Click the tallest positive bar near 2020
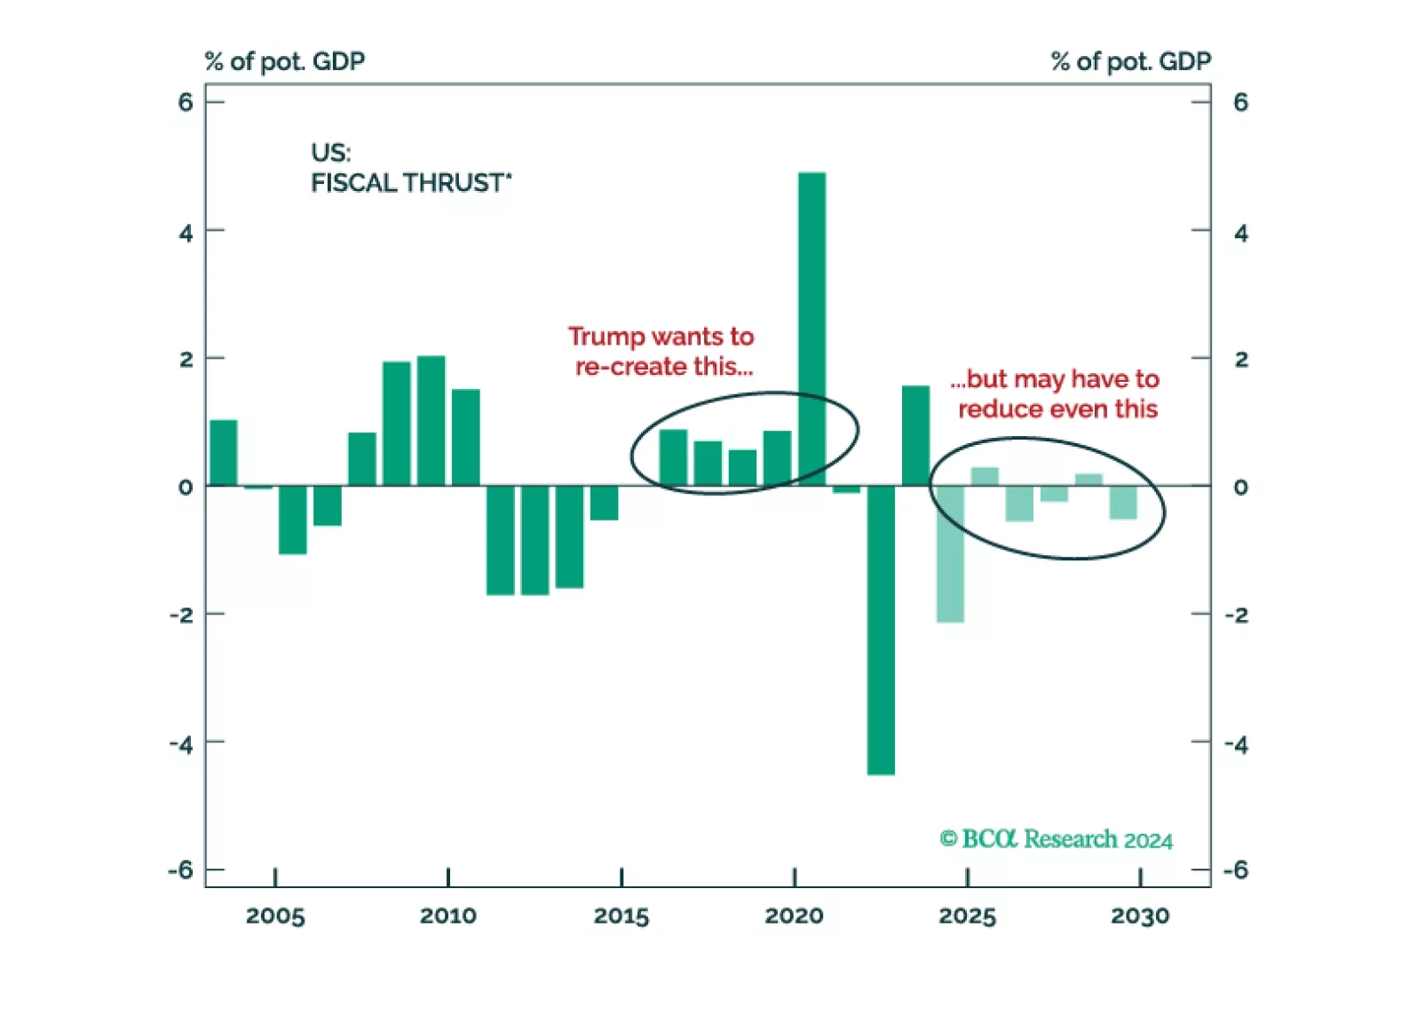[x=811, y=329]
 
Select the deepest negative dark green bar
[x=881, y=631]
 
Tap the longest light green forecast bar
[x=950, y=554]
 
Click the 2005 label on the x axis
[x=275, y=916]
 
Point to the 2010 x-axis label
[x=447, y=916]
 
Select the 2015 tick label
[x=621, y=916]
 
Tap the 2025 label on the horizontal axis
[x=967, y=916]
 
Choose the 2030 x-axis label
[x=1140, y=916]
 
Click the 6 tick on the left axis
[x=185, y=103]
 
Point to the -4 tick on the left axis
[x=181, y=743]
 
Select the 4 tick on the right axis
[x=1240, y=233]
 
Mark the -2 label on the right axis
[x=1236, y=615]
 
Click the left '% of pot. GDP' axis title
[x=284, y=61]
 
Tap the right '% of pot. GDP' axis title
[x=1130, y=61]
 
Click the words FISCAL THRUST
[x=410, y=183]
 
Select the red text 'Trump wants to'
[x=661, y=337]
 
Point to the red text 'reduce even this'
[x=1057, y=409]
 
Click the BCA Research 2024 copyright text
[x=1056, y=839]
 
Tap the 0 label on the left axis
[x=185, y=487]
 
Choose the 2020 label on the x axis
[x=794, y=916]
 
